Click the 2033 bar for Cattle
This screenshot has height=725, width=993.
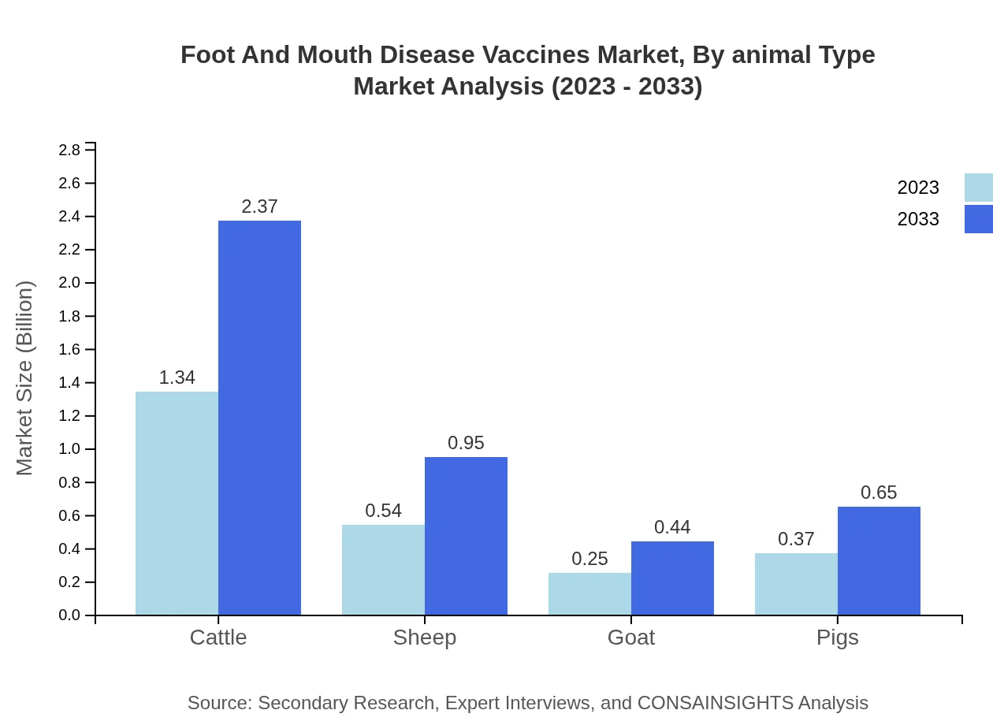[x=259, y=418]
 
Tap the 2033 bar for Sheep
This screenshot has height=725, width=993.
[x=466, y=536]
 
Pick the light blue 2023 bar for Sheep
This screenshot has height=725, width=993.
[x=383, y=570]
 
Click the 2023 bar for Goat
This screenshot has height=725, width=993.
[x=589, y=593]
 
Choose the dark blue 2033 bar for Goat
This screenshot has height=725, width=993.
[x=672, y=578]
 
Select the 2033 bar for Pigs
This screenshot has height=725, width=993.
[x=879, y=560]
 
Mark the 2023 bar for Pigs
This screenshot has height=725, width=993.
[x=796, y=584]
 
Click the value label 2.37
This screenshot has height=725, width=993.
[x=259, y=206]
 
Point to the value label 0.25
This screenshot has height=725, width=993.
[x=589, y=559]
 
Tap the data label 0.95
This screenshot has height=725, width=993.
[x=466, y=443]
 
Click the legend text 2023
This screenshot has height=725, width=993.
[x=917, y=188]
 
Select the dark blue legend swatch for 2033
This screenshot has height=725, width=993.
[x=978, y=219]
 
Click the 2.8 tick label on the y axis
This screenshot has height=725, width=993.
[x=70, y=150]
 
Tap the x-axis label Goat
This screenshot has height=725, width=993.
[x=630, y=637]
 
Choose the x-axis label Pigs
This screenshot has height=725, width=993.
[x=837, y=637]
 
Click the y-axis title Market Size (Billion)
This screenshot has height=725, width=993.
[x=25, y=378]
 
